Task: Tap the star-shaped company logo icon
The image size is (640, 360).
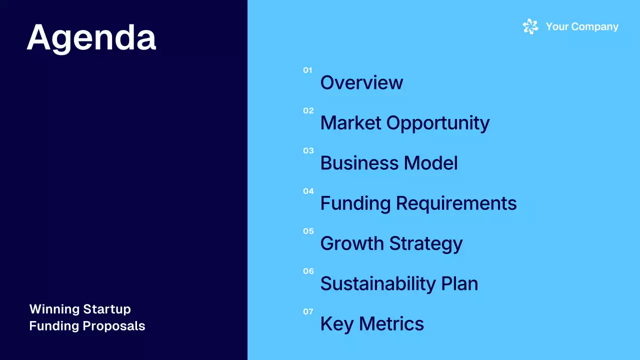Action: click(x=530, y=26)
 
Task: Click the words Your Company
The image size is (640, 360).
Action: click(x=582, y=26)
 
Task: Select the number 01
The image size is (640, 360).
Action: click(x=307, y=70)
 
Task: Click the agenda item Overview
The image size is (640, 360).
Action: click(x=361, y=83)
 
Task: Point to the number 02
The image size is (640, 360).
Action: click(x=308, y=110)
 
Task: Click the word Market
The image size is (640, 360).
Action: click(x=351, y=123)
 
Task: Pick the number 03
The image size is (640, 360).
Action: click(x=308, y=150)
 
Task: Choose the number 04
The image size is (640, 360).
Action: click(x=308, y=191)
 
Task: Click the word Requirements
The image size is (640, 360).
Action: click(x=456, y=203)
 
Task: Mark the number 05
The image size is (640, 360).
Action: click(x=308, y=231)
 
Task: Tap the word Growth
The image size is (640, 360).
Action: click(x=352, y=243)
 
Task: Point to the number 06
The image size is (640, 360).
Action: click(x=308, y=271)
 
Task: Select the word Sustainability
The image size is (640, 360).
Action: click(x=377, y=284)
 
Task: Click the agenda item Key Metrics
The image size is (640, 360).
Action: click(x=372, y=324)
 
